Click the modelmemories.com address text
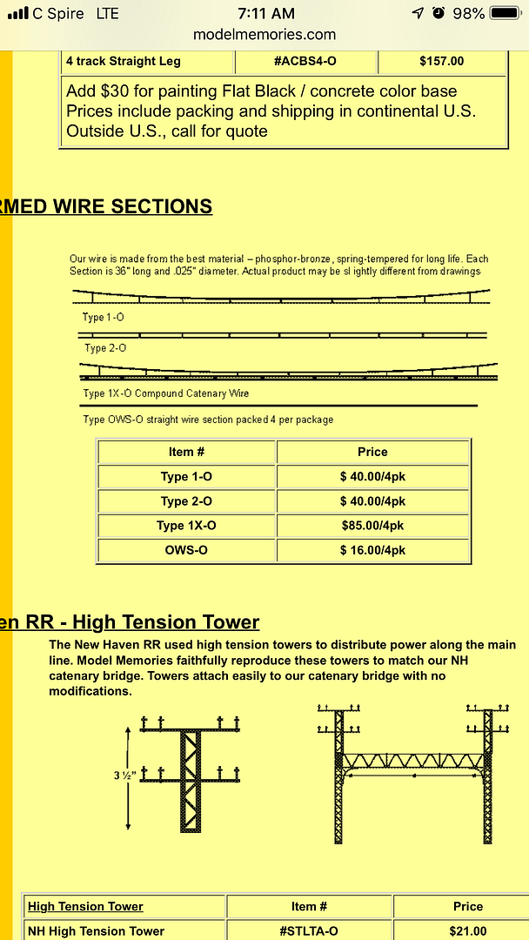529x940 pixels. click(x=264, y=35)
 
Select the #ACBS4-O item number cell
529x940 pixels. click(x=305, y=62)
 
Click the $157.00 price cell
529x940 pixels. click(x=441, y=62)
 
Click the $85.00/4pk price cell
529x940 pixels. click(x=372, y=526)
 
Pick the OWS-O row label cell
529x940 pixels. click(x=186, y=551)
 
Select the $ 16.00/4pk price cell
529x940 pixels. click(x=372, y=551)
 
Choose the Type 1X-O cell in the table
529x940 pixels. click(x=186, y=526)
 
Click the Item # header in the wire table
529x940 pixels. click(x=186, y=452)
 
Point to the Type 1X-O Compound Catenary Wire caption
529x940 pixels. click(x=166, y=393)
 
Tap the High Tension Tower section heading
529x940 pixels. click(x=131, y=622)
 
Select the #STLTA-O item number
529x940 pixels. click(x=309, y=931)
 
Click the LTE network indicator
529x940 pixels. click(x=108, y=14)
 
